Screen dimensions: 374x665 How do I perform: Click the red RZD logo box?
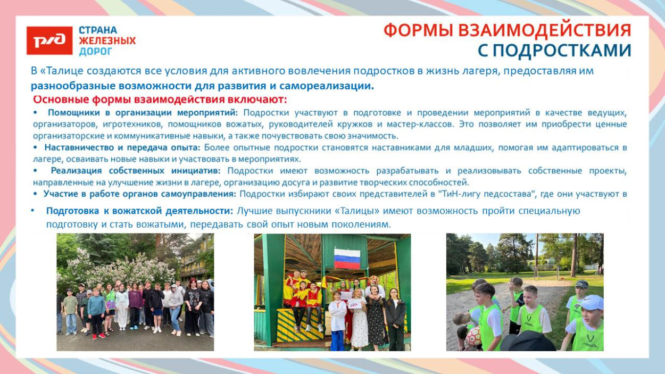49,40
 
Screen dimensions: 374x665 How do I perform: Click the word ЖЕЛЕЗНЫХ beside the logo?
107,40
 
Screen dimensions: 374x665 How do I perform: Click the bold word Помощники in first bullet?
74,113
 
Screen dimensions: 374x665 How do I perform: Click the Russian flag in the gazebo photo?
347,259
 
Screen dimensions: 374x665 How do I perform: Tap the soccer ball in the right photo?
473,336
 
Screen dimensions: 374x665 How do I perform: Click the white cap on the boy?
592,303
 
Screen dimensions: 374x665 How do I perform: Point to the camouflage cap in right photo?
582,284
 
